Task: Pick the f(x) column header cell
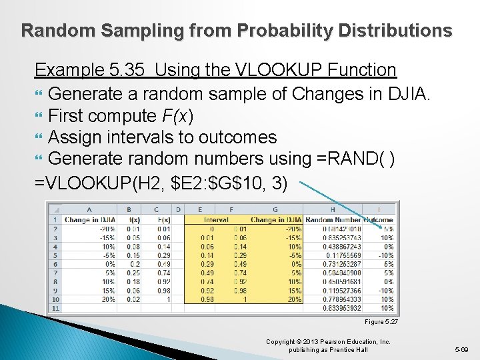click(133, 220)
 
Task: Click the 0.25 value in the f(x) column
click(134, 273)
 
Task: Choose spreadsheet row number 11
click(55, 308)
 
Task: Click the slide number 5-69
click(460, 349)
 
